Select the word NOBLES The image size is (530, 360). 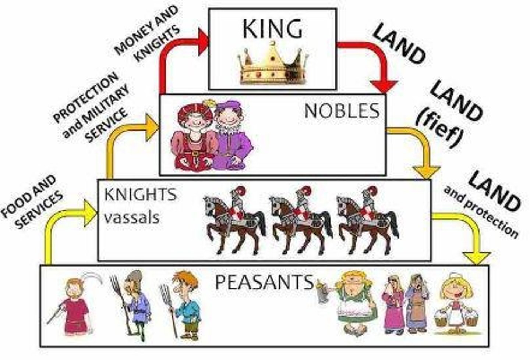(x=342, y=111)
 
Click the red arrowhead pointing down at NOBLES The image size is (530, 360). (x=385, y=86)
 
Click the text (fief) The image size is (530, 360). (x=440, y=126)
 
